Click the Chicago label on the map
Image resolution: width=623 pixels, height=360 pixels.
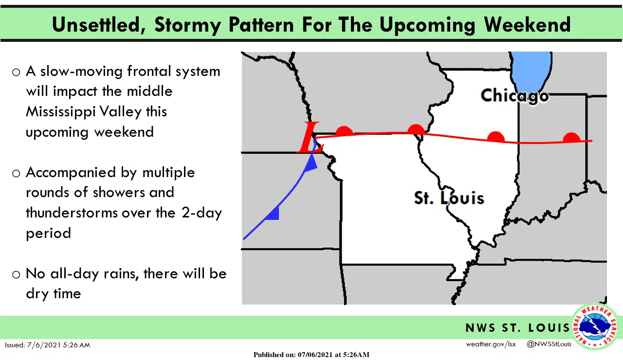point(514,95)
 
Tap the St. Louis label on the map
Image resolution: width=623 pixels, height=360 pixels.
point(449,198)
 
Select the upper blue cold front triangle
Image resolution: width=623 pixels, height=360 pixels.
point(311,164)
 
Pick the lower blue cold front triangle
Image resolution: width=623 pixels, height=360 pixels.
point(273,214)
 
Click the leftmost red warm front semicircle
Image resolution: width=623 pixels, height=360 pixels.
point(344,131)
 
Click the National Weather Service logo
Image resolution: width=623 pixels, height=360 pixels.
point(595,326)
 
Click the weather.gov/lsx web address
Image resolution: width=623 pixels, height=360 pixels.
point(491,344)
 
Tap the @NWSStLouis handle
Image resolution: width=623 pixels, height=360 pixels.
point(549,344)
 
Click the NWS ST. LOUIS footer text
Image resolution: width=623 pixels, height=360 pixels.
point(517,328)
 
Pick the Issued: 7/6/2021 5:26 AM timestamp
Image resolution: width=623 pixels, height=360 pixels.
point(47,345)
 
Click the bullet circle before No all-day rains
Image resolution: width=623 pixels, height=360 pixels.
point(16,274)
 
